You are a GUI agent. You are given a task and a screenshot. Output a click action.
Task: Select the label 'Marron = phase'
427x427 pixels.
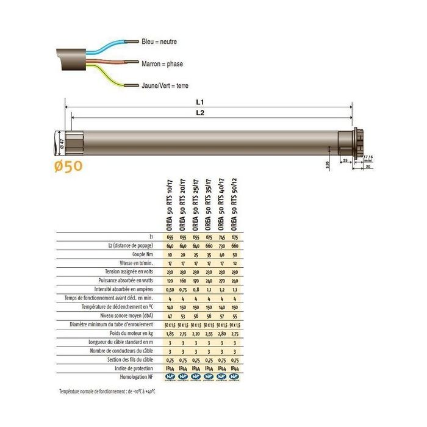click(x=162, y=63)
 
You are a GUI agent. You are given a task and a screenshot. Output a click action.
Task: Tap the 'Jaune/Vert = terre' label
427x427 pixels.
click(x=165, y=86)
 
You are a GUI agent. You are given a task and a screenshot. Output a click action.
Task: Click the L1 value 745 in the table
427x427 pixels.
click(x=221, y=236)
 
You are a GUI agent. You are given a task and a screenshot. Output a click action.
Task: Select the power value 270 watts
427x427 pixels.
click(x=221, y=280)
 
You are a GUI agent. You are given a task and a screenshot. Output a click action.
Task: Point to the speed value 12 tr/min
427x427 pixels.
click(x=235, y=262)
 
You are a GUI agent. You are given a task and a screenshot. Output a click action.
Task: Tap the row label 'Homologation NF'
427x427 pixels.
click(x=135, y=378)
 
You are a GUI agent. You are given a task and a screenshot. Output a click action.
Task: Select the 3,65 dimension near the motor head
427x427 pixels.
click(x=326, y=163)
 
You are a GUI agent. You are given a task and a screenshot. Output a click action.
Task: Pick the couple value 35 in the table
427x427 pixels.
click(x=209, y=254)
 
